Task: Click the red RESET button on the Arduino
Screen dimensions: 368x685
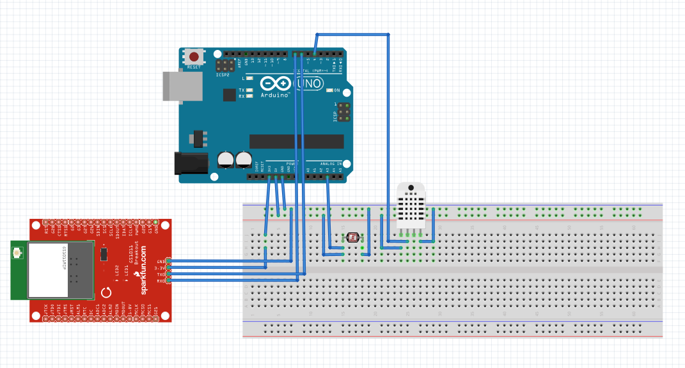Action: point(194,57)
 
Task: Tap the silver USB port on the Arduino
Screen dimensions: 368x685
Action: point(182,86)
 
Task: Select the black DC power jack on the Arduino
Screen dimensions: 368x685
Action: point(191,163)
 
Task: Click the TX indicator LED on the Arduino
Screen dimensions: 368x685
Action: point(249,90)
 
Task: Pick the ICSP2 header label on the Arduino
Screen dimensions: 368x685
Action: point(223,74)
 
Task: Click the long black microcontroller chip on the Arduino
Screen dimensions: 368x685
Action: point(296,141)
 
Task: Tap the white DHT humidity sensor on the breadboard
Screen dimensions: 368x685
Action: point(411,206)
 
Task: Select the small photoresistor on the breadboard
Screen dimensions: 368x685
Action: point(352,238)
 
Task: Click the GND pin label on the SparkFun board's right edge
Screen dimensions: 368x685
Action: point(160,262)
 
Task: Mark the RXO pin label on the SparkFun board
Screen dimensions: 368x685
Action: point(160,280)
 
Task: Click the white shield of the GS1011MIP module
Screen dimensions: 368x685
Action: point(48,271)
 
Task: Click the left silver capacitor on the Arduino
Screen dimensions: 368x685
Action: point(225,160)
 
